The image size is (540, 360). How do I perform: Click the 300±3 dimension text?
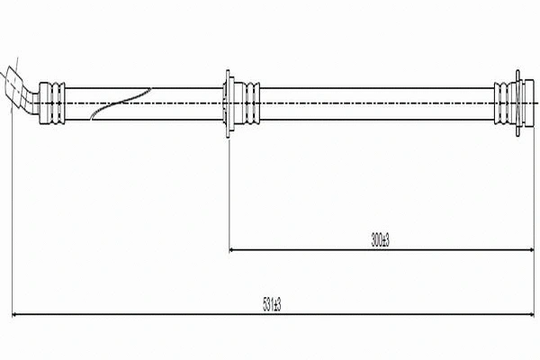[x=379, y=239]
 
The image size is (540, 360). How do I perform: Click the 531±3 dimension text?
[x=271, y=306]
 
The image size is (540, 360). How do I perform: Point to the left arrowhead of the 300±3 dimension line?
[x=234, y=249]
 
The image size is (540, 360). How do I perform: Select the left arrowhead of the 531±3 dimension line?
[x=15, y=315]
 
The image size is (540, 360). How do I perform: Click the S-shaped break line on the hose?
[x=121, y=103]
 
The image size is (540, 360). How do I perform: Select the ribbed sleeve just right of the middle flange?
[x=248, y=103]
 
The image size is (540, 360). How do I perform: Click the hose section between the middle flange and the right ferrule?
[x=378, y=103]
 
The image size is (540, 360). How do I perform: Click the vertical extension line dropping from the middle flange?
[x=229, y=198]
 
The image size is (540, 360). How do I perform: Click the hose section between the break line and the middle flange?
[x=184, y=103]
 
